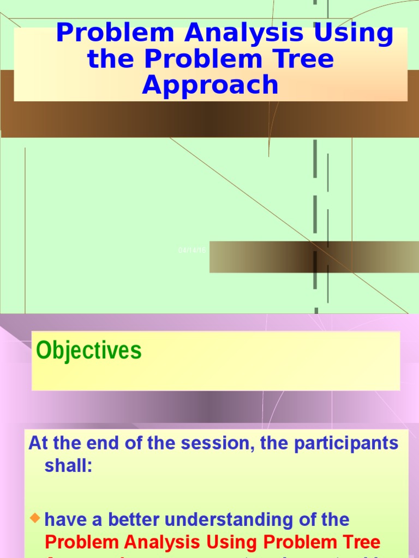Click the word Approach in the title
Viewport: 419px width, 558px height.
[x=210, y=86]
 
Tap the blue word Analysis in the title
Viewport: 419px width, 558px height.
[x=244, y=34]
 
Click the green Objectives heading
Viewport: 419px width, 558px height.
[x=88, y=350]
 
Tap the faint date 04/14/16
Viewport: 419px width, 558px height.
[x=192, y=250]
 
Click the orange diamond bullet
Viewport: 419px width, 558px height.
[x=36, y=518]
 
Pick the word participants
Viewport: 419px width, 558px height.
[x=345, y=444]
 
